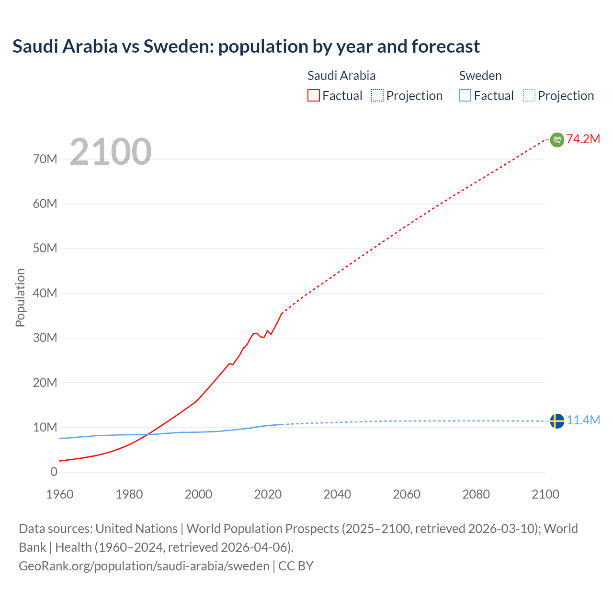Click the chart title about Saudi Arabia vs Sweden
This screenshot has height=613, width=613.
246,46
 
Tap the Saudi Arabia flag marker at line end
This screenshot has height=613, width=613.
557,139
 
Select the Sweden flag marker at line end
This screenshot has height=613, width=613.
557,421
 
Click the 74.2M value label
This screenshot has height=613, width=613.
583,139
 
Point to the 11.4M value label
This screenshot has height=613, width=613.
583,420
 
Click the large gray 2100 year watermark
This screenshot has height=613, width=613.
111,152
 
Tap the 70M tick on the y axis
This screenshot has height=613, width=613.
45,159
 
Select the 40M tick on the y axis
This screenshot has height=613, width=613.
45,293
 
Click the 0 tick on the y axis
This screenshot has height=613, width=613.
54,472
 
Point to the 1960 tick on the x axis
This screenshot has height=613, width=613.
60,494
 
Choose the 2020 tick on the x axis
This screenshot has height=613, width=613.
268,494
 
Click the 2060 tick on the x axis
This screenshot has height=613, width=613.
407,494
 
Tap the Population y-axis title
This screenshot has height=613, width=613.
20,297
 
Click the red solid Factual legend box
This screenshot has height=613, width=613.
313,95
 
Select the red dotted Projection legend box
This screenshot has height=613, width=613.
377,95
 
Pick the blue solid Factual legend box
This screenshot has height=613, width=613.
465,95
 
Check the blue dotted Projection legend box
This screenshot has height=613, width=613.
529,95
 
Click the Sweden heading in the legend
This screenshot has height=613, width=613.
480,76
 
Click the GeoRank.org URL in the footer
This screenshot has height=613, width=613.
144,566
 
